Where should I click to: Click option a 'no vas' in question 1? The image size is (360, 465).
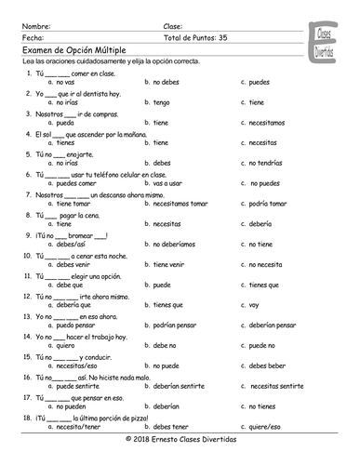pyautogui.click(x=61, y=81)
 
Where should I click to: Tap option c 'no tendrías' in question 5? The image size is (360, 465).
pyautogui.click(x=266, y=163)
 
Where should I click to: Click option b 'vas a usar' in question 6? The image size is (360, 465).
pyautogui.click(x=170, y=183)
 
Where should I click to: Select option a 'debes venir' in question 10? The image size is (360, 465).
pyautogui.click(x=72, y=264)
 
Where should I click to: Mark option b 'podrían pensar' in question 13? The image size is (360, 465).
pyautogui.click(x=178, y=325)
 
